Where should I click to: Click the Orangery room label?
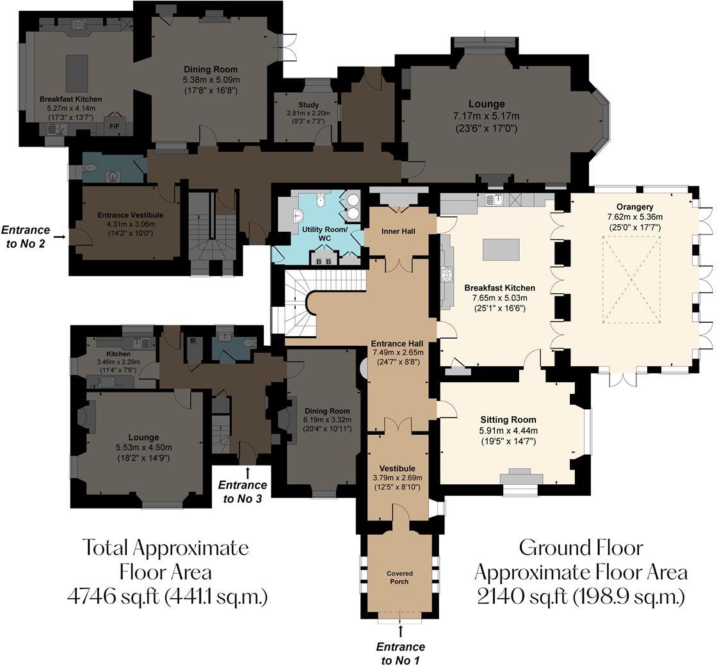(x=634, y=206)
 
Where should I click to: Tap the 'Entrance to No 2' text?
(x=26, y=236)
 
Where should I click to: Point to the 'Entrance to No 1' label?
(x=400, y=654)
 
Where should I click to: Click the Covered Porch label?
(x=399, y=577)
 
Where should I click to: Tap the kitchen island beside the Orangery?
(x=501, y=250)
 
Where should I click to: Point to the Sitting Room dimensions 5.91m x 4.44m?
(x=508, y=430)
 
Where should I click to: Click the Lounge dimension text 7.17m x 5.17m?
(x=486, y=116)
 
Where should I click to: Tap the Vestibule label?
(x=397, y=468)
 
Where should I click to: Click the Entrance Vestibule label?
(x=130, y=215)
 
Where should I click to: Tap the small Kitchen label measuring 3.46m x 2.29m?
(x=118, y=353)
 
